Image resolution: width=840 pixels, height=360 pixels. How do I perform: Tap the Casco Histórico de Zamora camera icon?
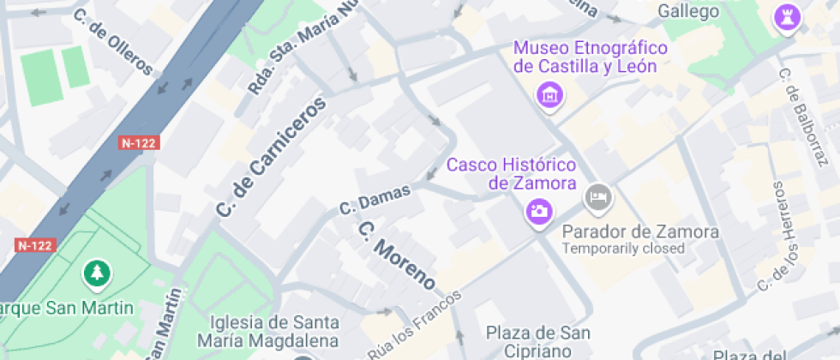pyautogui.click(x=539, y=210)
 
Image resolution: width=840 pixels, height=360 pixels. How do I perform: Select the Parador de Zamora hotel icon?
pyautogui.click(x=598, y=198)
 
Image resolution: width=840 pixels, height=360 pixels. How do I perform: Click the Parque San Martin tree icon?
pyautogui.click(x=96, y=274)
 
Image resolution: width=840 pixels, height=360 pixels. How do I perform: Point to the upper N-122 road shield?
pyautogui.click(x=138, y=143)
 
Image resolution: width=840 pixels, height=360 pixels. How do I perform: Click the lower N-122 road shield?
pyautogui.click(x=35, y=245)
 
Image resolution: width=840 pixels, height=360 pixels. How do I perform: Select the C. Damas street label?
pyautogui.click(x=375, y=199)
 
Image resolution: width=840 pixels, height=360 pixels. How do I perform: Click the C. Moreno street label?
pyautogui.click(x=397, y=255)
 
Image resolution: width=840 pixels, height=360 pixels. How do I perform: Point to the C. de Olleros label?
pyautogui.click(x=113, y=42)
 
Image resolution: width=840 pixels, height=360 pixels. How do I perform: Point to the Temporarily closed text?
pyautogui.click(x=623, y=249)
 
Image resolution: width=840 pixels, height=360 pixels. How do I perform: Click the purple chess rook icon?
pyautogui.click(x=785, y=16)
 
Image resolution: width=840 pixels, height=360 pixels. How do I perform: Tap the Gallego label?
pyautogui.click(x=687, y=11)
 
